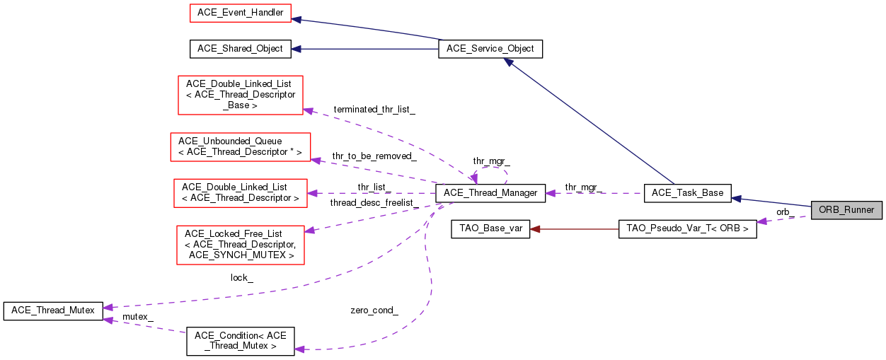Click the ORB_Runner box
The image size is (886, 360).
point(846,210)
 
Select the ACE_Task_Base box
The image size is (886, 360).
point(688,192)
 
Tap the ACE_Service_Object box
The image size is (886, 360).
point(490,50)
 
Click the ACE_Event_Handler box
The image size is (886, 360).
point(236,13)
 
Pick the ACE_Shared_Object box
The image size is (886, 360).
point(240,49)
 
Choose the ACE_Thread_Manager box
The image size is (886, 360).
point(490,192)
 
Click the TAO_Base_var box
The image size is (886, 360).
point(490,229)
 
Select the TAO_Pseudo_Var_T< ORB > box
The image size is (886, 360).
point(687,229)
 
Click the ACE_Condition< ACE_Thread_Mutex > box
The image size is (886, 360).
point(240,341)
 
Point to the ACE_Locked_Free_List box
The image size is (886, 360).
point(241,244)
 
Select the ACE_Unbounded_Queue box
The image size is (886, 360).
point(240,146)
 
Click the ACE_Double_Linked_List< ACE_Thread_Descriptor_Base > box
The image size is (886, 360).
point(240,94)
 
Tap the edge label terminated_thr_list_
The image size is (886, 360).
point(374,110)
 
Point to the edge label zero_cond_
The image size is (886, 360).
point(374,310)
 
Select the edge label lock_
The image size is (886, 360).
point(241,278)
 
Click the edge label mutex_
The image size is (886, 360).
point(138,316)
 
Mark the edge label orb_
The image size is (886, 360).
point(785,211)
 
